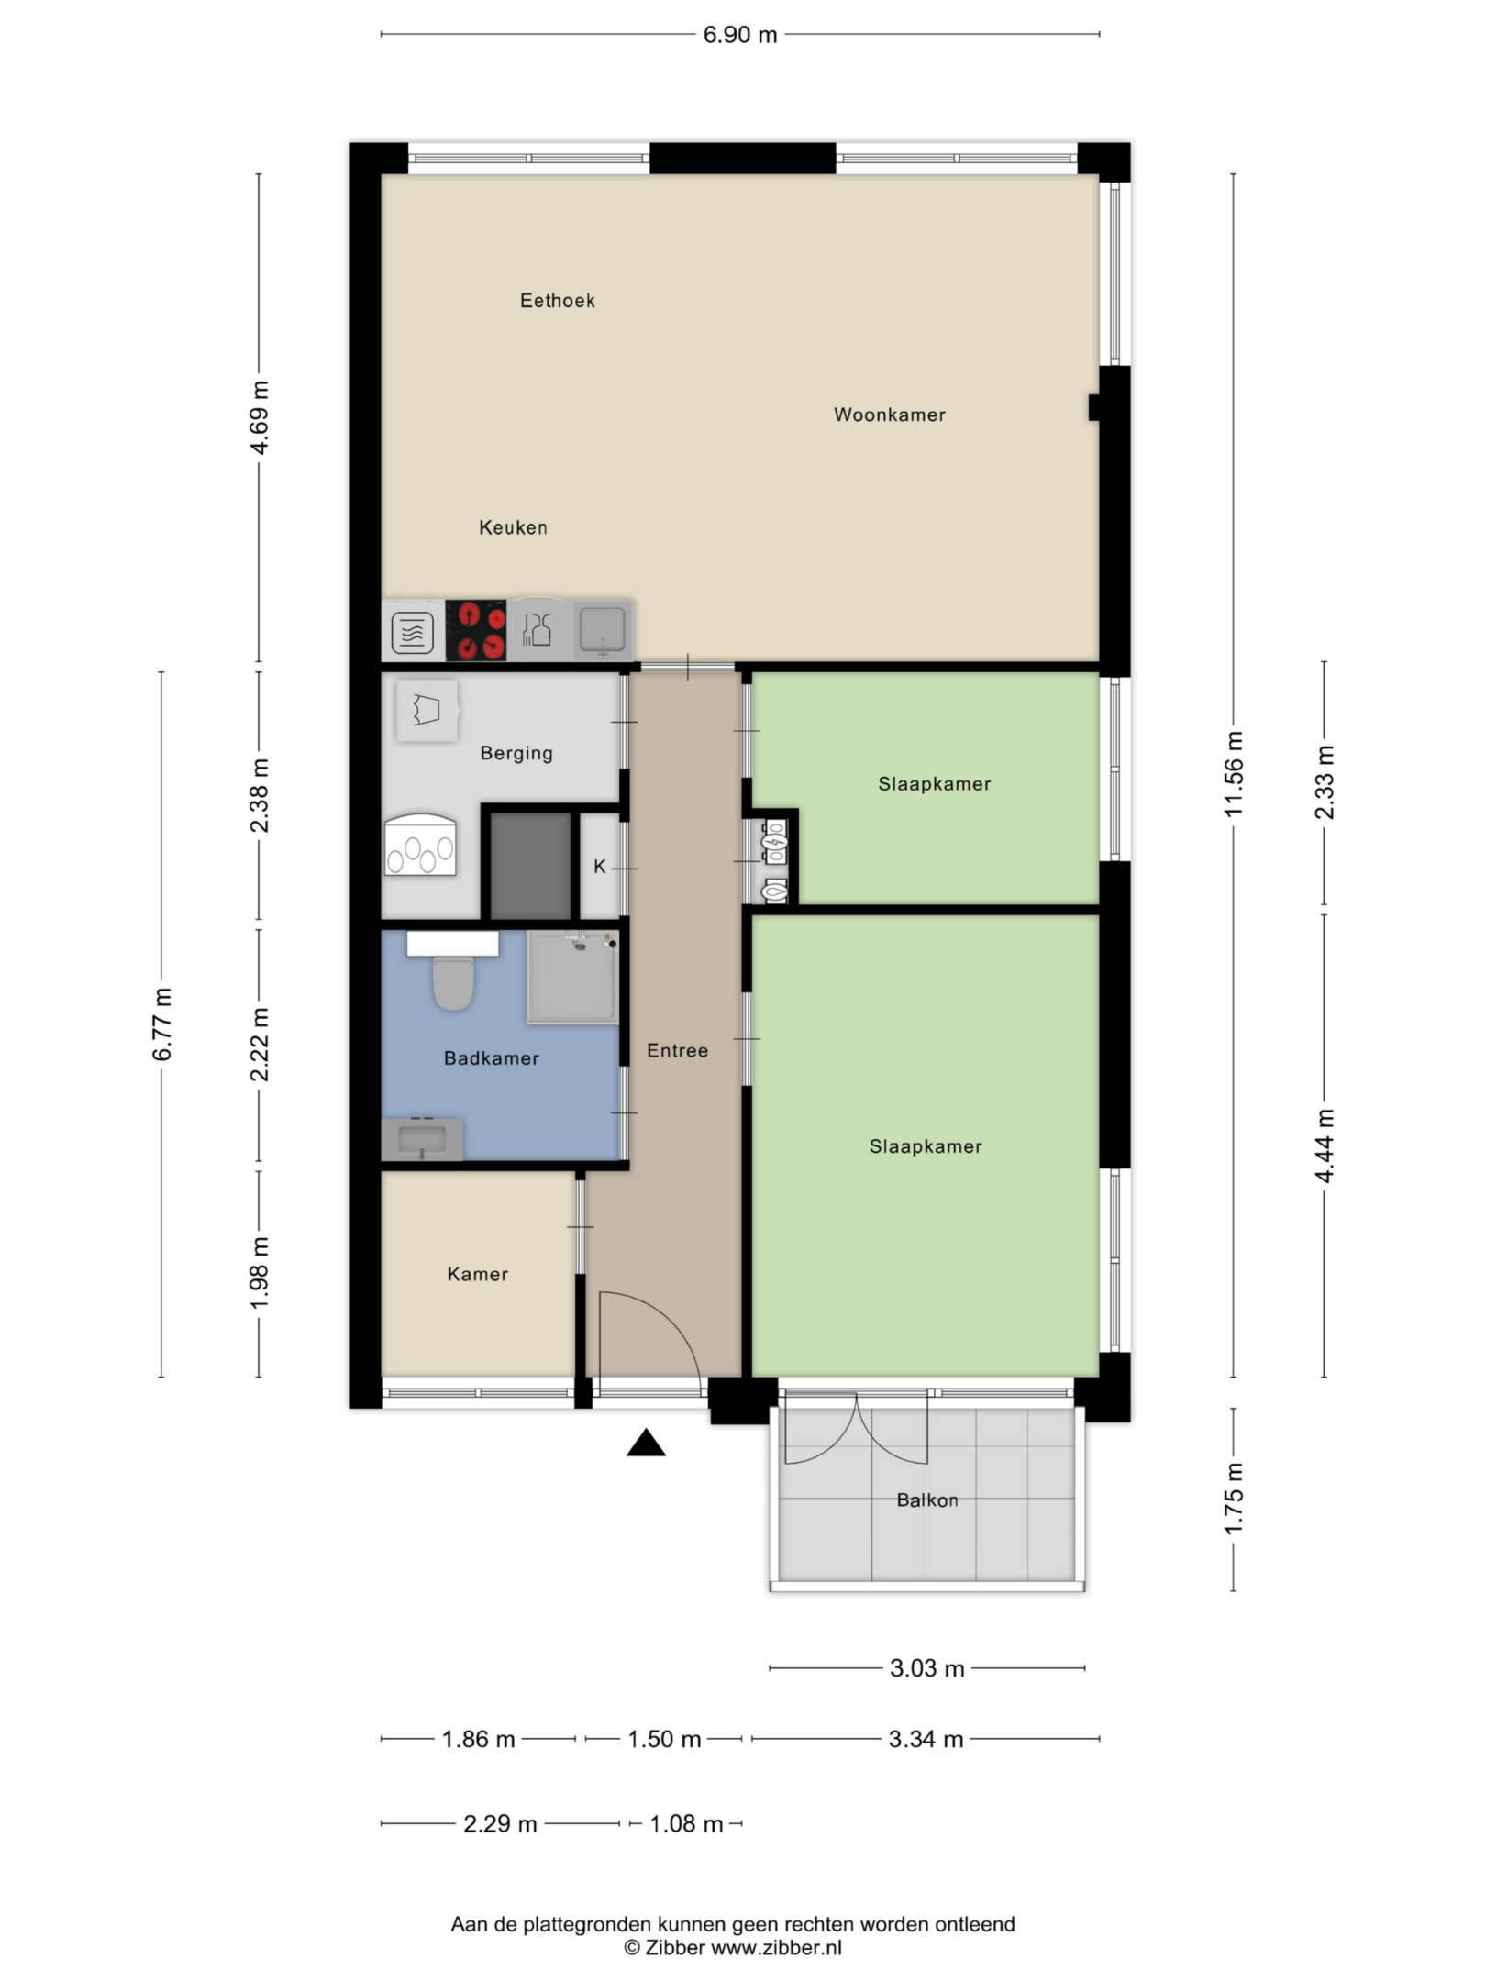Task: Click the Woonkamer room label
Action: (889, 415)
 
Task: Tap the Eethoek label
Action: (557, 301)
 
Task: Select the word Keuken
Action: (513, 527)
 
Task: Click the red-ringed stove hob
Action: (476, 630)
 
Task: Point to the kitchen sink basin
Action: (603, 628)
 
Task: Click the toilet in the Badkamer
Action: (452, 982)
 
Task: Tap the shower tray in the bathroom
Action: (572, 977)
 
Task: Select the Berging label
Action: (516, 753)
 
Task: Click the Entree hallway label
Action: (677, 1050)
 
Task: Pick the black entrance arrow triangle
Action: (646, 1443)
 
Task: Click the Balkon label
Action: (926, 1500)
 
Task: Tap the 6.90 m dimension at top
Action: (739, 35)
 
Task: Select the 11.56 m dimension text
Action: (1233, 774)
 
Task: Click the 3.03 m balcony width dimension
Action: (926, 1668)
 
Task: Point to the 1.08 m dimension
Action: (686, 1823)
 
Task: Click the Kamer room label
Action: (477, 1274)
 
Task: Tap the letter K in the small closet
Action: (600, 867)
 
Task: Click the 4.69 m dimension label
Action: (261, 417)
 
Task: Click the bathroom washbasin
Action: (422, 1140)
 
